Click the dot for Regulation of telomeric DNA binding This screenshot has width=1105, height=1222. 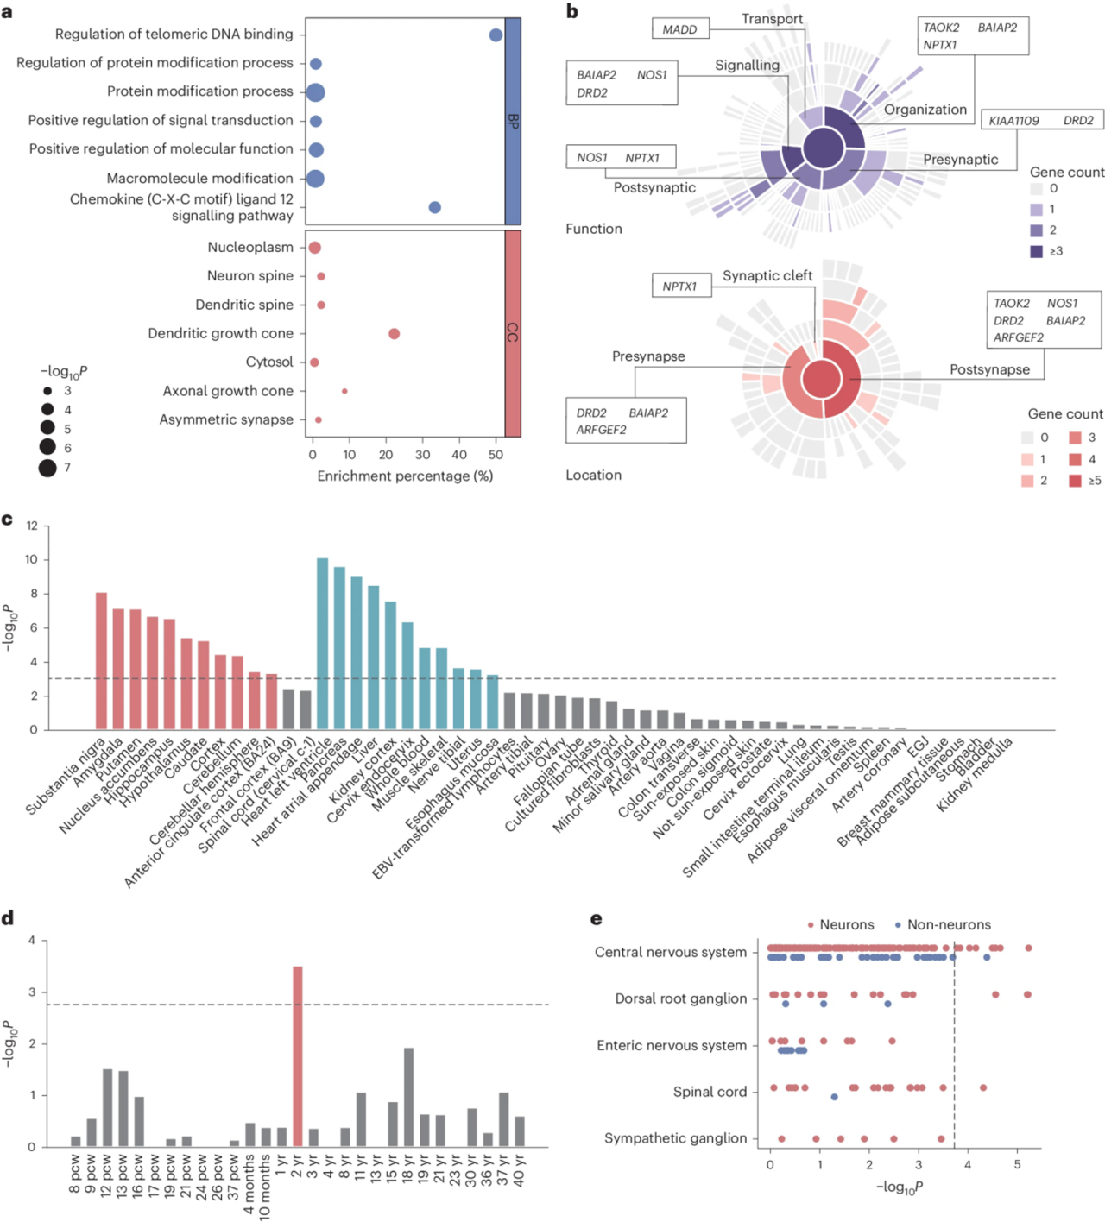[496, 35]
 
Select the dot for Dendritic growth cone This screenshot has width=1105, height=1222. [394, 334]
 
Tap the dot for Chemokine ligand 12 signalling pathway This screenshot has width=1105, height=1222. [435, 207]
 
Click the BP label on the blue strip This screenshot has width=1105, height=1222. [513, 122]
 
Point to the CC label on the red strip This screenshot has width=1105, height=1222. [513, 332]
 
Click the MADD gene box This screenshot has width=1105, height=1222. [679, 29]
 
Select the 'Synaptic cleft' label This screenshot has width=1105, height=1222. [767, 275]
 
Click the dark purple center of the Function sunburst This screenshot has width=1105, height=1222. [824, 148]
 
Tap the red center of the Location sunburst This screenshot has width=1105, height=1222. [822, 379]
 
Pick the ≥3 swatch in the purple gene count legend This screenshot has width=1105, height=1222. [1036, 251]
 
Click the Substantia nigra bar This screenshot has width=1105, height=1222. [101, 660]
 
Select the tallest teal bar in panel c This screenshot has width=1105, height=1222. [322, 643]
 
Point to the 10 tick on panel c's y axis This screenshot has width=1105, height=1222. [32, 559]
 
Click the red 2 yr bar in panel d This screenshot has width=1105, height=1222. [298, 1056]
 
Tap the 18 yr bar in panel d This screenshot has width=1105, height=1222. [408, 1097]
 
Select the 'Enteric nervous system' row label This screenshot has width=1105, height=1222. [672, 1045]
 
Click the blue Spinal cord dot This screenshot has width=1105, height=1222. [834, 1097]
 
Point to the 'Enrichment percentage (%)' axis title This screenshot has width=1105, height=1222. [405, 476]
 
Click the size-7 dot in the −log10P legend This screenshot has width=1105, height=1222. [47, 468]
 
